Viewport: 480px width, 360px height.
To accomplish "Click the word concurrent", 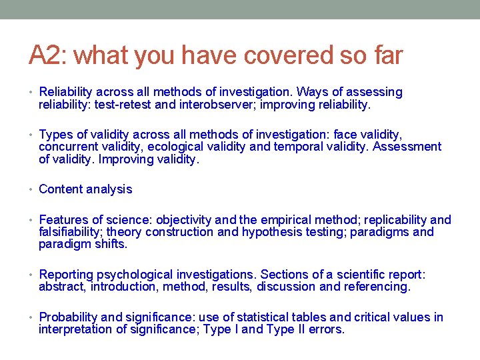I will coord(67,147).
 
